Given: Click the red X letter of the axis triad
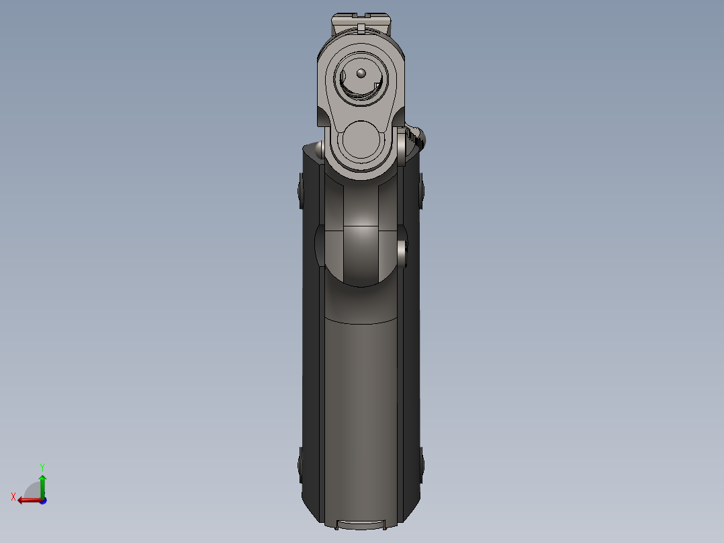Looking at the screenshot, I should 13,497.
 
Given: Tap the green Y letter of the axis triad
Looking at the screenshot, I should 42,466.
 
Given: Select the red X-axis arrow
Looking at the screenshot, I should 27,500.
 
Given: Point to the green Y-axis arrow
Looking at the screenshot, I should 42,483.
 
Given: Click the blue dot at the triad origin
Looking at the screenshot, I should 42,500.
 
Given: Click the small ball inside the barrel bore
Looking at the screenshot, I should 360,73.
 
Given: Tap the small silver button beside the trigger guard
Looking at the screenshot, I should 402,251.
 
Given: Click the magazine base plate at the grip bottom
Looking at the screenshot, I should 361,524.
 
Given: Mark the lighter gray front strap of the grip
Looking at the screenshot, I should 361,403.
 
